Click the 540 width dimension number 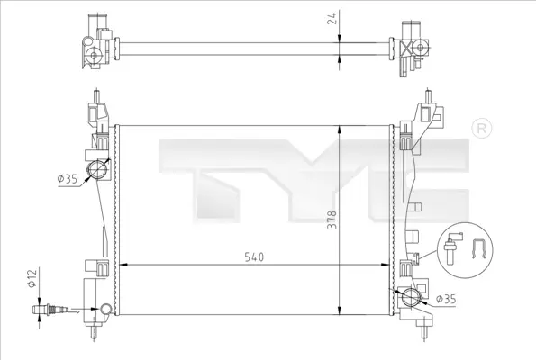254,256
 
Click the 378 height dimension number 332,220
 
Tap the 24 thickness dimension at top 332,17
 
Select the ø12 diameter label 32,278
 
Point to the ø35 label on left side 68,178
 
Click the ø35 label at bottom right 446,299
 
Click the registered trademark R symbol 482,129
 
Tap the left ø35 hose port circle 98,169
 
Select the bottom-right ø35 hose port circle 411,297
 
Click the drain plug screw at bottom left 48,310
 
